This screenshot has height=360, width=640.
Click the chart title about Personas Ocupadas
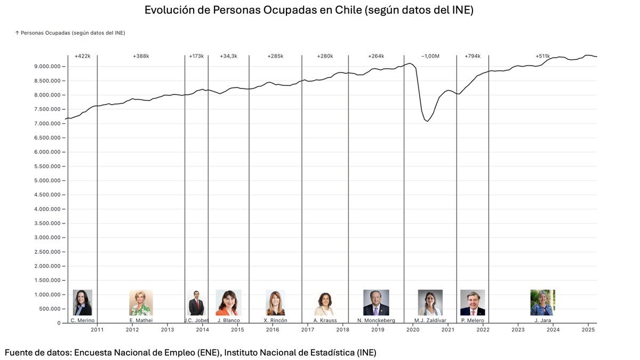click(309, 10)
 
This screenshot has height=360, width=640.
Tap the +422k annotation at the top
click(83, 56)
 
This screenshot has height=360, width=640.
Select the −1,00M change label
click(430, 56)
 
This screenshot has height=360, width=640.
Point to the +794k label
click(472, 56)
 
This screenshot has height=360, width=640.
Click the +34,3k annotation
click(228, 56)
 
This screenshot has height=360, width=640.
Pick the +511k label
click(542, 56)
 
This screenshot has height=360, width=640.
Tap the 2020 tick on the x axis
click(413, 330)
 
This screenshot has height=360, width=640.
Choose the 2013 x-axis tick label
click(167, 330)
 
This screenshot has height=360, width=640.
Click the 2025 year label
click(588, 330)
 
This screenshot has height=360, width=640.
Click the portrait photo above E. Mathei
click(141, 302)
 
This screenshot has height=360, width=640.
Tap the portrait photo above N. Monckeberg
click(376, 302)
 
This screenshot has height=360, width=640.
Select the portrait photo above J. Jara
click(542, 302)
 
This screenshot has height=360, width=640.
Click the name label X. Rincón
click(275, 321)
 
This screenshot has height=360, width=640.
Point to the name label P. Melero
click(473, 321)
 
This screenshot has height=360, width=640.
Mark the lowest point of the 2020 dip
click(427, 122)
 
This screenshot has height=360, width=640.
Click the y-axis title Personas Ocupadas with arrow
click(70, 33)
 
